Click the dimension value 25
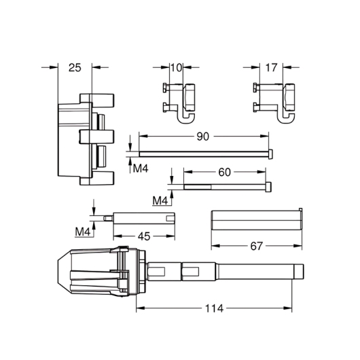pyautogui.click(x=75, y=68)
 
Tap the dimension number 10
pyautogui.click(x=177, y=68)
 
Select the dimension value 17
pyautogui.click(x=271, y=68)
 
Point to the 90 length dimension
pyautogui.click(x=202, y=137)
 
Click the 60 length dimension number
pyautogui.click(x=224, y=173)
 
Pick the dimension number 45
pyautogui.click(x=144, y=236)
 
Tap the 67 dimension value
pyautogui.click(x=256, y=246)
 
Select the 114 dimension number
pyautogui.click(x=214, y=308)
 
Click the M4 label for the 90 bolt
pyautogui.click(x=141, y=168)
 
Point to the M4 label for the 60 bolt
pyautogui.click(x=160, y=201)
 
